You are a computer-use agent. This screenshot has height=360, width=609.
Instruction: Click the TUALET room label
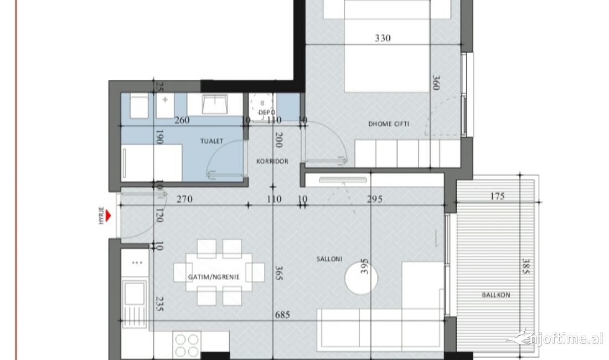tap(211, 141)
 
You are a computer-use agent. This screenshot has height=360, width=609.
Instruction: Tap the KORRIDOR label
tap(272, 161)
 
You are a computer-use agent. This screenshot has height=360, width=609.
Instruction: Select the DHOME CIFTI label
tap(389, 124)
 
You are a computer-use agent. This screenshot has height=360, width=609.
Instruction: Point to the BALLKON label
tap(496, 295)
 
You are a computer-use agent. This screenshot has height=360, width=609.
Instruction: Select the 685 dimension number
tap(283, 315)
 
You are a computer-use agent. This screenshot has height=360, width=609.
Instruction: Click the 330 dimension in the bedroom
tap(383, 38)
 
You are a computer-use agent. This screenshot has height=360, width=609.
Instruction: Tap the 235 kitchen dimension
tap(159, 304)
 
